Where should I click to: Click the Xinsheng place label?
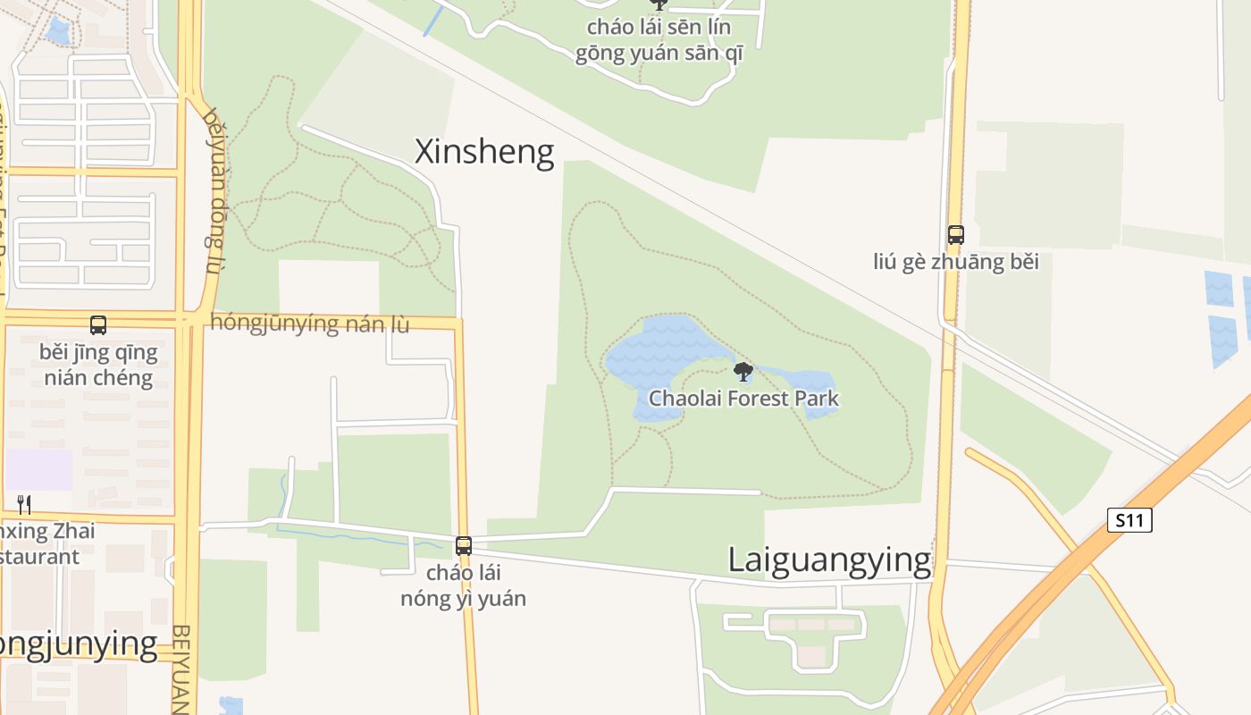(x=484, y=152)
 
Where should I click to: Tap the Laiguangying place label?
(x=829, y=560)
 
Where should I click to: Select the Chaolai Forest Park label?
(x=743, y=398)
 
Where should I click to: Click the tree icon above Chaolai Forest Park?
(x=743, y=371)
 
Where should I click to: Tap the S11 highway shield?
(x=1129, y=520)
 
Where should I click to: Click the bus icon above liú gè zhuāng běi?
(x=956, y=235)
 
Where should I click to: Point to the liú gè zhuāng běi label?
(x=956, y=263)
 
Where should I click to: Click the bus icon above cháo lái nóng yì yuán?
(x=463, y=545)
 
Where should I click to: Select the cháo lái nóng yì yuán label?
(x=463, y=585)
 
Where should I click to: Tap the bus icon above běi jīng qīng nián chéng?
(x=98, y=325)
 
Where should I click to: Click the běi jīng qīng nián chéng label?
(x=98, y=365)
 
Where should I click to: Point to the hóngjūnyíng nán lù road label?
(x=309, y=324)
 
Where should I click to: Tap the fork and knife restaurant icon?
(x=24, y=505)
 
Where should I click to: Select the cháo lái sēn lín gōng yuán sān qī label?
(x=659, y=40)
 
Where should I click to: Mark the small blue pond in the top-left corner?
(x=58, y=32)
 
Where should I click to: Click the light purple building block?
(x=38, y=469)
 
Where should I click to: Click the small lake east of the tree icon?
(x=809, y=389)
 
